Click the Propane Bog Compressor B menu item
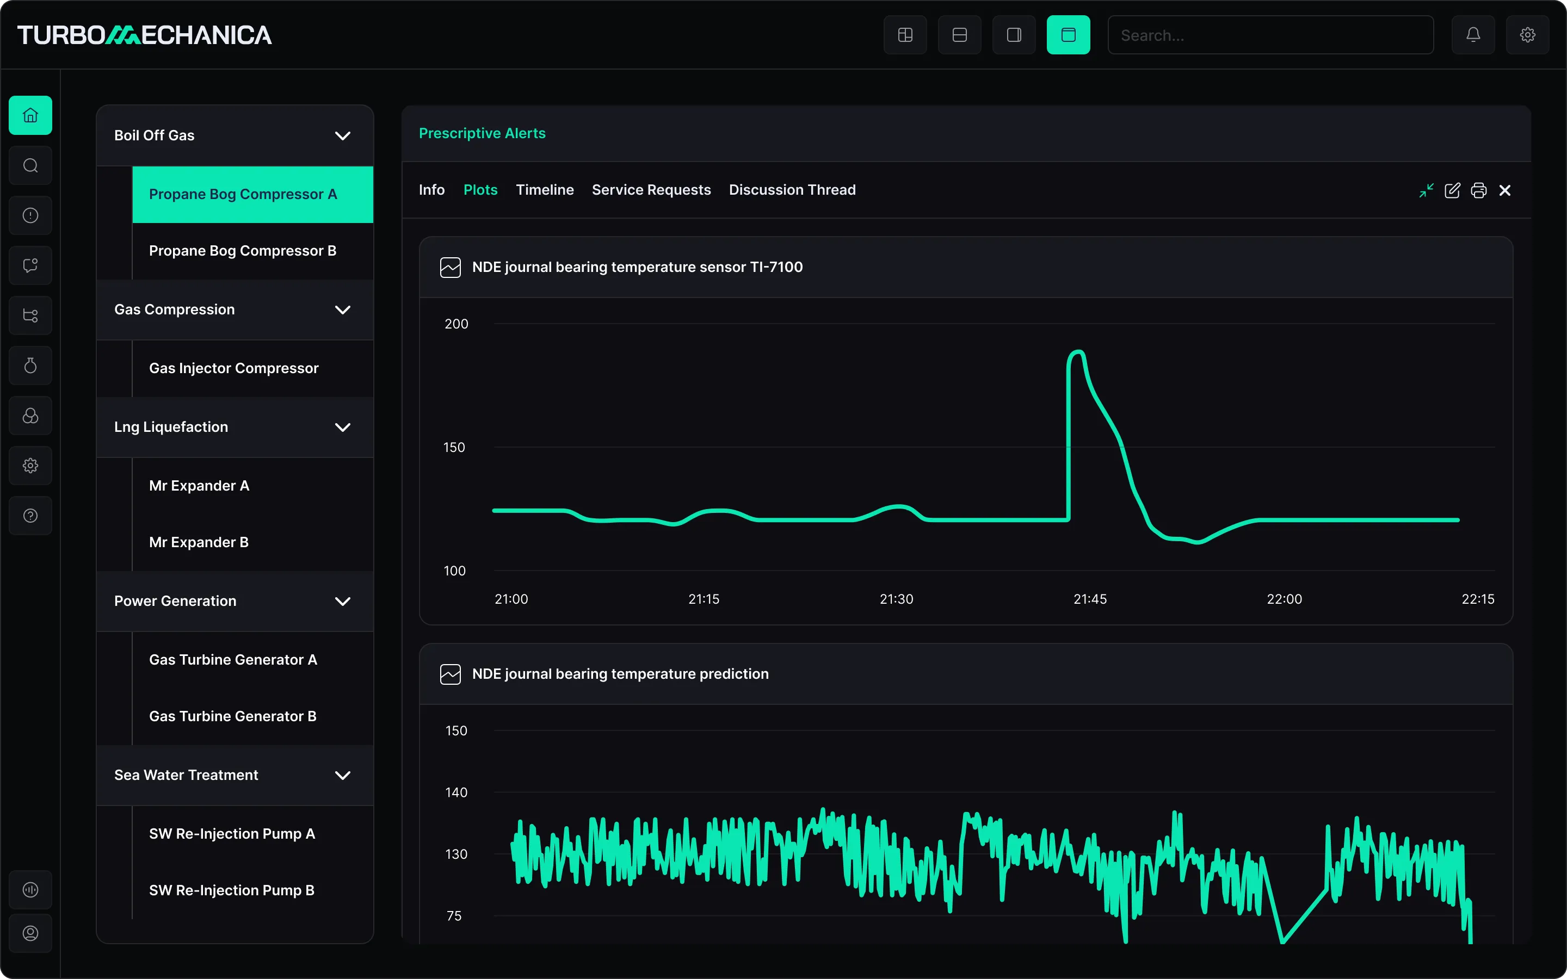click(243, 251)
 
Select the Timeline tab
click(545, 190)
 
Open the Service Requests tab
click(651, 190)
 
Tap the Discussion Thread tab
click(792, 190)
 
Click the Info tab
click(431, 190)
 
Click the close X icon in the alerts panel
click(1505, 190)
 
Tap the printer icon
click(1478, 190)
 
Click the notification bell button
click(1473, 35)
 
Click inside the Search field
click(1270, 35)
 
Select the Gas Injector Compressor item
click(234, 368)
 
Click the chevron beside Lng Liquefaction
click(343, 427)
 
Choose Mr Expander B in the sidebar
click(199, 542)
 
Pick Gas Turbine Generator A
click(233, 659)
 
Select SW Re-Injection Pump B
click(232, 890)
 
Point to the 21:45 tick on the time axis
click(1090, 599)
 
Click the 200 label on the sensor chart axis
click(456, 324)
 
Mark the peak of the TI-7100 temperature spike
click(1077, 351)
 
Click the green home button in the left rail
click(30, 115)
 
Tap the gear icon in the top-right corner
click(1527, 35)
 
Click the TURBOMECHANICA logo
click(144, 35)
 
